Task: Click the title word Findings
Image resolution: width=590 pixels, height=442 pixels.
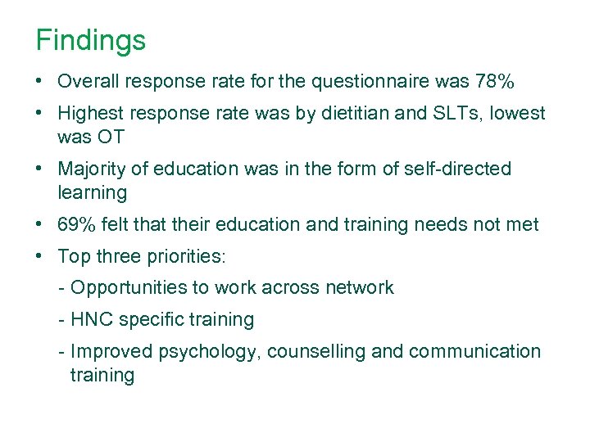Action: pyautogui.click(x=91, y=40)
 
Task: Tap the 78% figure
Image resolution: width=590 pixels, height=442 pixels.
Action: pyautogui.click(x=495, y=82)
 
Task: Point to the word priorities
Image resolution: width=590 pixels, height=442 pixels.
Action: pyautogui.click(x=188, y=256)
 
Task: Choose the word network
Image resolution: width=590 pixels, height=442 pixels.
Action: pyautogui.click(x=358, y=288)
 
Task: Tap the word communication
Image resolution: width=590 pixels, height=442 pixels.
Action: pyautogui.click(x=474, y=352)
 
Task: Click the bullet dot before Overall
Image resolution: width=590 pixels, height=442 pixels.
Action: pyautogui.click(x=39, y=82)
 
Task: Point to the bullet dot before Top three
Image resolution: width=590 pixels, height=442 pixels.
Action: pyautogui.click(x=39, y=256)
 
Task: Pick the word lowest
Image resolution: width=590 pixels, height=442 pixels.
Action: pyautogui.click(x=518, y=114)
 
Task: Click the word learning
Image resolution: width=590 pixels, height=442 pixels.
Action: pyautogui.click(x=93, y=193)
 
